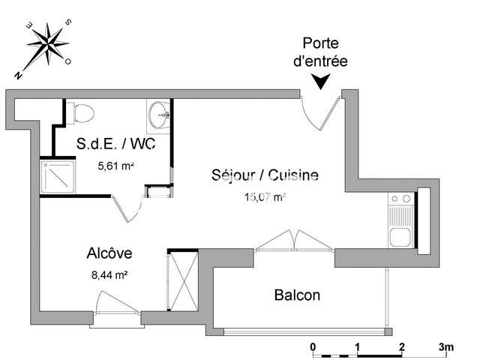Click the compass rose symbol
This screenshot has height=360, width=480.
pyautogui.click(x=48, y=45)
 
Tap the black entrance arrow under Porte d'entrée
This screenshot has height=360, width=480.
pyautogui.click(x=320, y=82)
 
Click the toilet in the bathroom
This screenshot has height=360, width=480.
pyautogui.click(x=80, y=113)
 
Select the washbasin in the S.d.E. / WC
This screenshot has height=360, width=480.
pyautogui.click(x=159, y=115)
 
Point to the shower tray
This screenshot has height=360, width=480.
pyautogui.click(x=58, y=177)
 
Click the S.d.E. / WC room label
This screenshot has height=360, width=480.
pyautogui.click(x=115, y=143)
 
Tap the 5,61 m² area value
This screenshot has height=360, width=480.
pyautogui.click(x=115, y=166)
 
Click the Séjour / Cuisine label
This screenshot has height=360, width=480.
pyautogui.click(x=265, y=175)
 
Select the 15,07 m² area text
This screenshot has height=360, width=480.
pyautogui.click(x=265, y=197)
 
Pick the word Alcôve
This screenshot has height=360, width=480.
pyautogui.click(x=109, y=253)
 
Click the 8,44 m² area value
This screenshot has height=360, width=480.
pyautogui.click(x=109, y=275)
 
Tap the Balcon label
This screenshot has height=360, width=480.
pyautogui.click(x=297, y=295)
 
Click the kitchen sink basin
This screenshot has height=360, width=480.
pyautogui.click(x=400, y=237)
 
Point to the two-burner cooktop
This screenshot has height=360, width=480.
pyautogui.click(x=401, y=199)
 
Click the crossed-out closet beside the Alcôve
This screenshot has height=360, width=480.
pyautogui.click(x=184, y=281)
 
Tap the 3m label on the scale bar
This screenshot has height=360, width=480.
pyautogui.click(x=446, y=347)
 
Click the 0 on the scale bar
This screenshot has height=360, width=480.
pyautogui.click(x=313, y=347)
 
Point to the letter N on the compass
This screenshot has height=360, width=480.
pyautogui.click(x=18, y=75)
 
